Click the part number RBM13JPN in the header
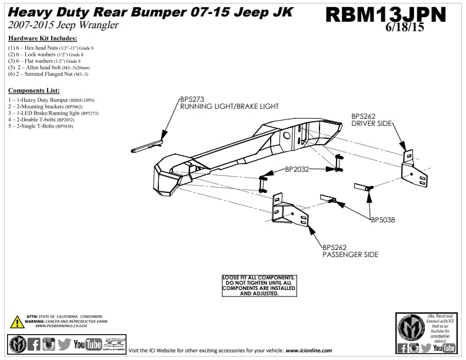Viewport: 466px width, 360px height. pos(385,14)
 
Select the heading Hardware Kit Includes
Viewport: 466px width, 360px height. pos(42,38)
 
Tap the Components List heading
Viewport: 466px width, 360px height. pos(34,91)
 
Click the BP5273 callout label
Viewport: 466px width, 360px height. pos(192,99)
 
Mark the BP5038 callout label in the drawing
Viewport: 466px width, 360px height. pos(382,220)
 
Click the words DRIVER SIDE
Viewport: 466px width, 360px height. pos(371,124)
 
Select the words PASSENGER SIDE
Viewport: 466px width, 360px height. pos(350,255)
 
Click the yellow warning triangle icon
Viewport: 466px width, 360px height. pos(16,322)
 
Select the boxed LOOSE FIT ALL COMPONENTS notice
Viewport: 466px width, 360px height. pos(259,285)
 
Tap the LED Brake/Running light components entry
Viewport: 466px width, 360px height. pos(53,113)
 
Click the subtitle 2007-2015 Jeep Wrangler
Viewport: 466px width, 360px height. pos(64,25)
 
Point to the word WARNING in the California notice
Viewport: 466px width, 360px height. pos(35,321)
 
